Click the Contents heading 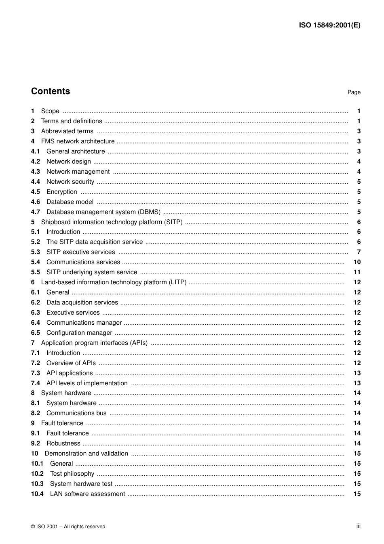point(51,91)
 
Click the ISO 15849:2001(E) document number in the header point(329,25)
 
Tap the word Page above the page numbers point(354,92)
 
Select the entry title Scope point(50,111)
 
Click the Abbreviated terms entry point(67,131)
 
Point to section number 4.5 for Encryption point(36,192)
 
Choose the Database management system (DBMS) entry point(103,212)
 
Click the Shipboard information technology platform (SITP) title point(112,222)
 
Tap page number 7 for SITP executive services point(359,252)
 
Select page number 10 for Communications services point(357,262)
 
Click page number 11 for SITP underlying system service point(357,272)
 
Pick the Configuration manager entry point(79,333)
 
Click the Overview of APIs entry point(71,363)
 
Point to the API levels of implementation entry point(87,383)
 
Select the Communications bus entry point(76,413)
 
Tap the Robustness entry point(63,443)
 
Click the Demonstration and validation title point(86,454)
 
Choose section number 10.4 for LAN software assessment point(37,494)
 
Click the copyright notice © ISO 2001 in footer point(68,527)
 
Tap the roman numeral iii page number point(358,526)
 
